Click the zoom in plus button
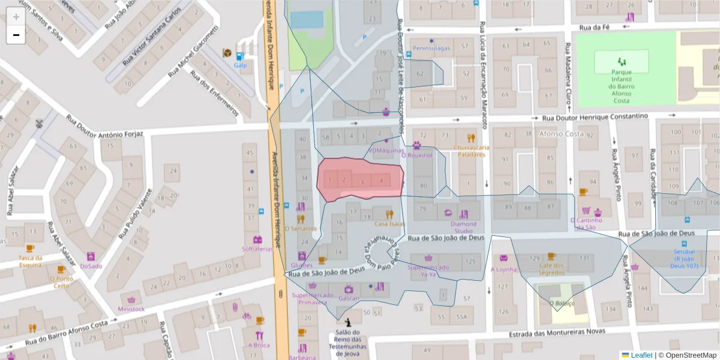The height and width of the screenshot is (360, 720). [x=16, y=17]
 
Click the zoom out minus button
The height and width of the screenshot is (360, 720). [x=16, y=35]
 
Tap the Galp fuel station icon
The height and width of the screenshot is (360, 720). [x=241, y=56]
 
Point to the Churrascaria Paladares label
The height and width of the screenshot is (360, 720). [x=471, y=151]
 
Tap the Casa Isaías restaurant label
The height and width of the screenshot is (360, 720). [x=389, y=224]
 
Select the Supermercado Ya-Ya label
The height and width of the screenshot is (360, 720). [x=428, y=271]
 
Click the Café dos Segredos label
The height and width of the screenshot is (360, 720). [x=551, y=269]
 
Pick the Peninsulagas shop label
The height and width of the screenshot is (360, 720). [x=431, y=48]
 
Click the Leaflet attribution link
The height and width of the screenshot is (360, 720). [x=641, y=355]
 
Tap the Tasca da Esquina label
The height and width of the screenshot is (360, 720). [x=30, y=261]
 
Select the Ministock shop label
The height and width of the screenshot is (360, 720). [x=131, y=309]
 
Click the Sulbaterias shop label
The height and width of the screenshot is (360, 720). [x=257, y=248]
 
